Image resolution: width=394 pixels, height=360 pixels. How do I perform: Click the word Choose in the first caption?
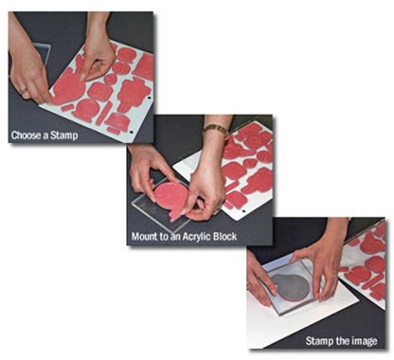pos(27,135)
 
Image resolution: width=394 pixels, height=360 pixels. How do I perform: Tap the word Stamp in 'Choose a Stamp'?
pos(64,135)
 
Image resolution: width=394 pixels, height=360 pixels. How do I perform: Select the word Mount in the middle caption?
pos(145,237)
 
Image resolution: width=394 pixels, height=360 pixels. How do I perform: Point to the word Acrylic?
pos(196,237)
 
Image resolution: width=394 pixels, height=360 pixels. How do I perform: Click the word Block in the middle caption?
pos(224,237)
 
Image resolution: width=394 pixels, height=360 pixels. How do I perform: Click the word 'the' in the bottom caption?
pos(342,341)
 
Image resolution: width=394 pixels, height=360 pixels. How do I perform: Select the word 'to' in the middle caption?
pos(164,237)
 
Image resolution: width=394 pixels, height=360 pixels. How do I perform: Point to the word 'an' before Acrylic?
pos(175,238)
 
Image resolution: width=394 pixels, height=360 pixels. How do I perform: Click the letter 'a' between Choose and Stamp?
pos(45,136)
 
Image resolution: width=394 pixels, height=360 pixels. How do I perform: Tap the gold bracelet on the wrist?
pos(216,130)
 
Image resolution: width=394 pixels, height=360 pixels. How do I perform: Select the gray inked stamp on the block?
pos(291,286)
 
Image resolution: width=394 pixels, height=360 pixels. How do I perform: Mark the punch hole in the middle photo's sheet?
pos(243,210)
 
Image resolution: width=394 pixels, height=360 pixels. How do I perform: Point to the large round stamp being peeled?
pos(68,89)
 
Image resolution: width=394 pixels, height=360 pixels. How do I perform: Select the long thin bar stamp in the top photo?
pos(103,114)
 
